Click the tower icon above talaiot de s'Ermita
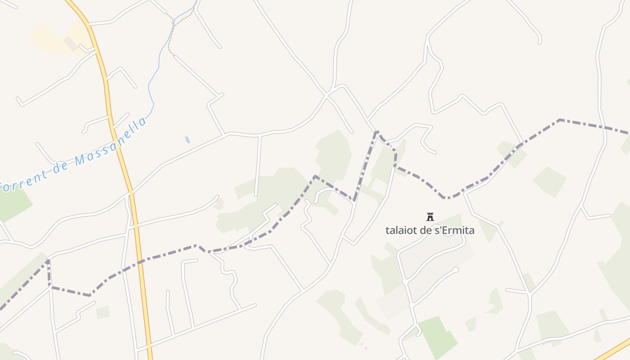click(x=430, y=217)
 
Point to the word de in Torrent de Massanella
click(x=60, y=167)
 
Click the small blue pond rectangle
click(x=187, y=139)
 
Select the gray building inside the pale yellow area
click(x=70, y=44)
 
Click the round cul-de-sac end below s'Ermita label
click(x=455, y=270)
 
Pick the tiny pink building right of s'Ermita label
click(x=501, y=223)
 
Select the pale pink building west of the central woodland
click(x=219, y=204)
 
